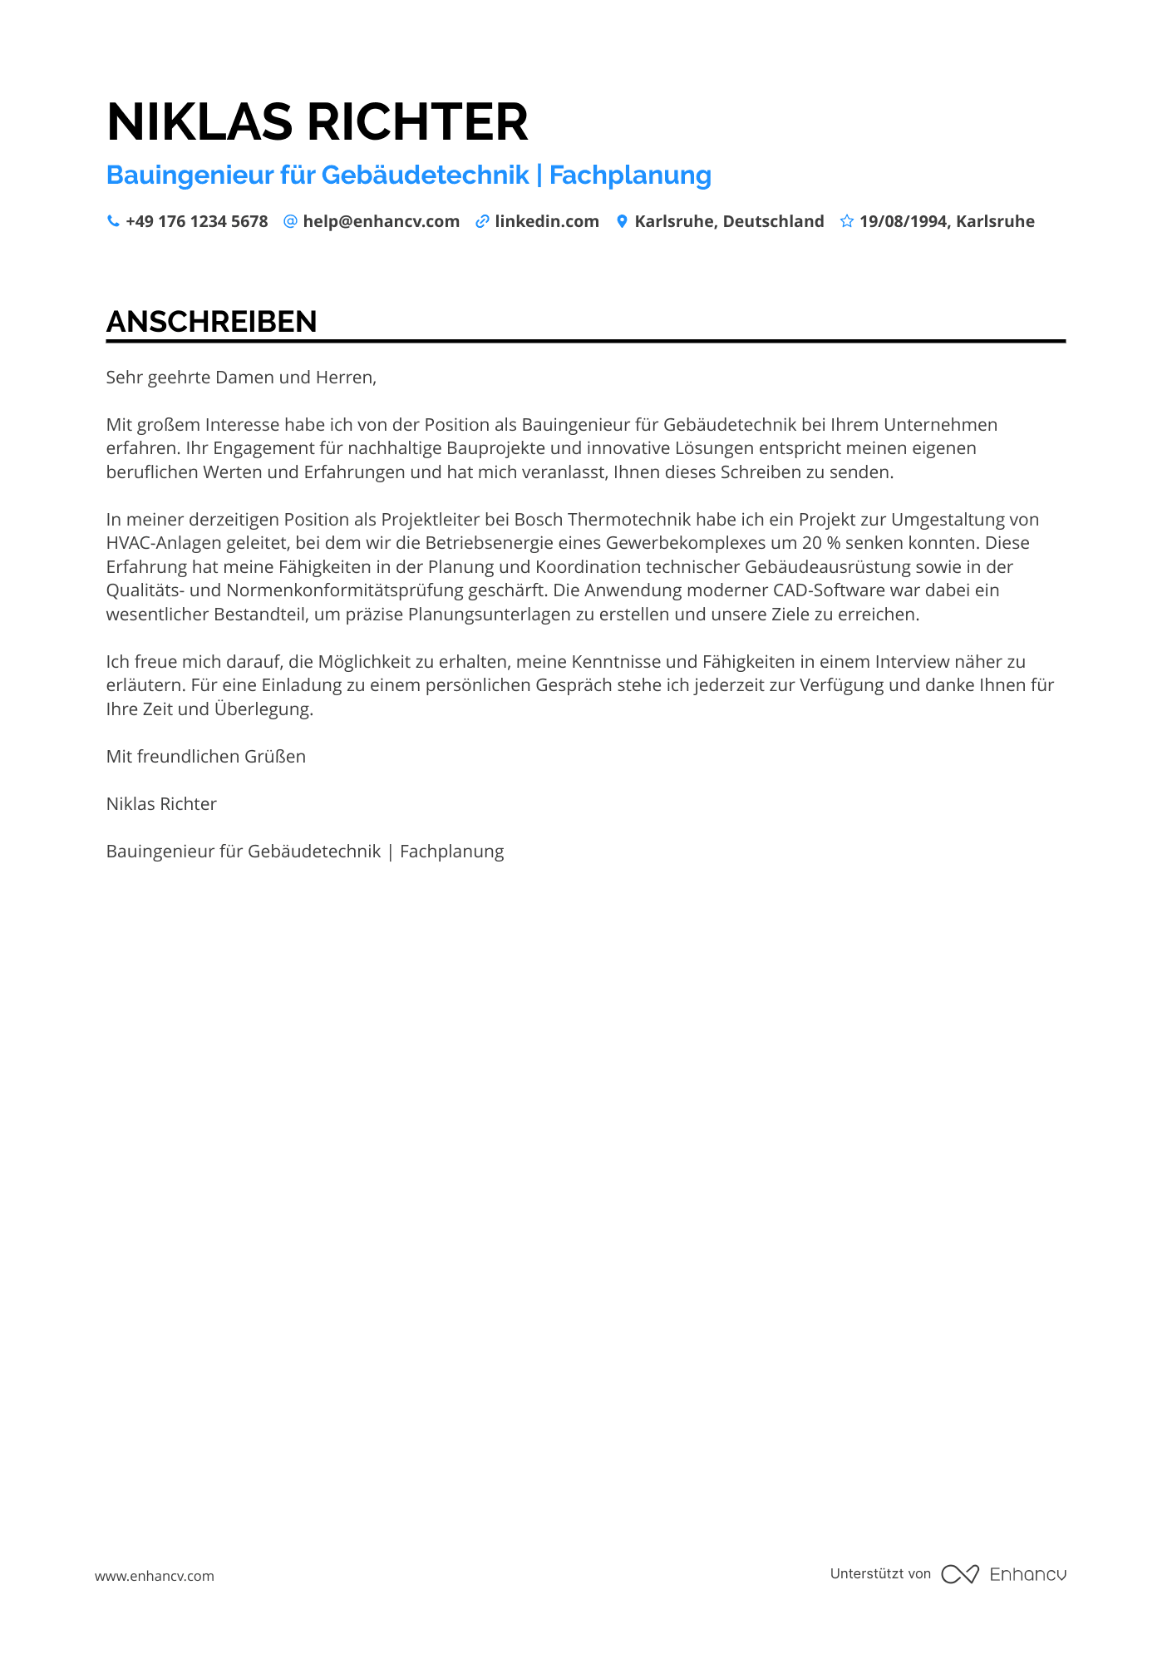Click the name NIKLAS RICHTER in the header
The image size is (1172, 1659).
pyautogui.click(x=317, y=122)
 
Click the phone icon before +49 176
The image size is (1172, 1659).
pyautogui.click(x=113, y=221)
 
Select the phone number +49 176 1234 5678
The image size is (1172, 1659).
pyautogui.click(x=197, y=221)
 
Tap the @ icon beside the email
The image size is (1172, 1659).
pyautogui.click(x=290, y=221)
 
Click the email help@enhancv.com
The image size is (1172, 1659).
pyautogui.click(x=381, y=221)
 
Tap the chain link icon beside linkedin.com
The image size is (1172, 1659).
pyautogui.click(x=482, y=221)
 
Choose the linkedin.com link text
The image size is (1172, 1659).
pyautogui.click(x=547, y=221)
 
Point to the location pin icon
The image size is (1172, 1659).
pyautogui.click(x=622, y=221)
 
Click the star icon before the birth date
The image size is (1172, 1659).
pyautogui.click(x=846, y=221)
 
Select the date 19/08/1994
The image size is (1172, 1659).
pyautogui.click(x=904, y=221)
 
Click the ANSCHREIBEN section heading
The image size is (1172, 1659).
pyautogui.click(x=212, y=322)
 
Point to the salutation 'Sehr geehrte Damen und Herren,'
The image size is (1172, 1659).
pyautogui.click(x=241, y=378)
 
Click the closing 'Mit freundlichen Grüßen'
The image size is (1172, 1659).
pyautogui.click(x=206, y=757)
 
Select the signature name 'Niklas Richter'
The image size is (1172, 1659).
pyautogui.click(x=161, y=804)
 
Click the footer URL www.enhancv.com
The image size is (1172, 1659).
pyautogui.click(x=155, y=1576)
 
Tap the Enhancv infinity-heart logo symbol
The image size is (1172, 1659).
pyautogui.click(x=960, y=1574)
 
